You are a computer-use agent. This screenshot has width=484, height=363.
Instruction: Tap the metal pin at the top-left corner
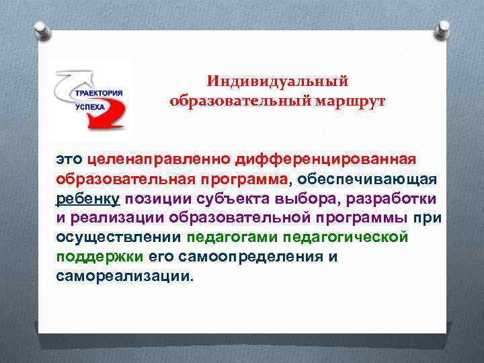click(x=41, y=31)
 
